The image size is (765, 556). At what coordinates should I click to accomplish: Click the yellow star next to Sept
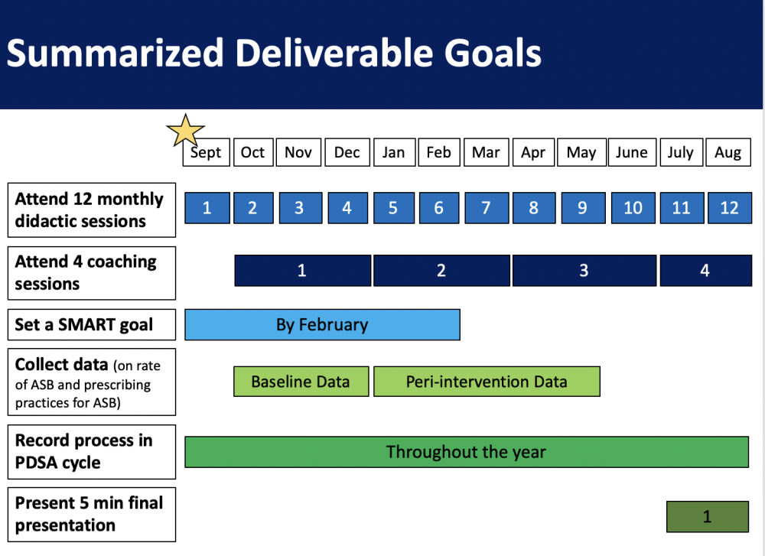pos(185,131)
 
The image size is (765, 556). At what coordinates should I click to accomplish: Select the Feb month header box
pos(438,152)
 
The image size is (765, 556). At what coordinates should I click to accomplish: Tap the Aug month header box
pos(728,152)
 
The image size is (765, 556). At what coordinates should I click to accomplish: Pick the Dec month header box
pos(347,152)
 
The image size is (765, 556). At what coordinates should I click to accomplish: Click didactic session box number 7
pos(487,208)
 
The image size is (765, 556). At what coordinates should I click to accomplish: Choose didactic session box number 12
pos(729,208)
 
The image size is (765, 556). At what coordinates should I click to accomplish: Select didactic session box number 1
pos(207,208)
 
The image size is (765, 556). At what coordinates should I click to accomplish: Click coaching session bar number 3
pos(584,270)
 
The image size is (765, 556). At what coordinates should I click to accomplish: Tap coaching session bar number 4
pos(705,270)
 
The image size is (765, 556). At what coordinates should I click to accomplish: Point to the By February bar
pos(322,324)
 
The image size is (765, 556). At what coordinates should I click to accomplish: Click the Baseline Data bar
pos(301,382)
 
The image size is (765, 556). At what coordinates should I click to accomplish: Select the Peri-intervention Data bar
pos(487,382)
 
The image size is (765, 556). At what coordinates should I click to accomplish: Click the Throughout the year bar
pos(467,452)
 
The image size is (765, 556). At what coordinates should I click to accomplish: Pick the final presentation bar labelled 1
pos(708,516)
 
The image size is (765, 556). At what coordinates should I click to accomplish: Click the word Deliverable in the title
pos(334,53)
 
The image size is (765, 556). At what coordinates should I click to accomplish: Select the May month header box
pos(581,152)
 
